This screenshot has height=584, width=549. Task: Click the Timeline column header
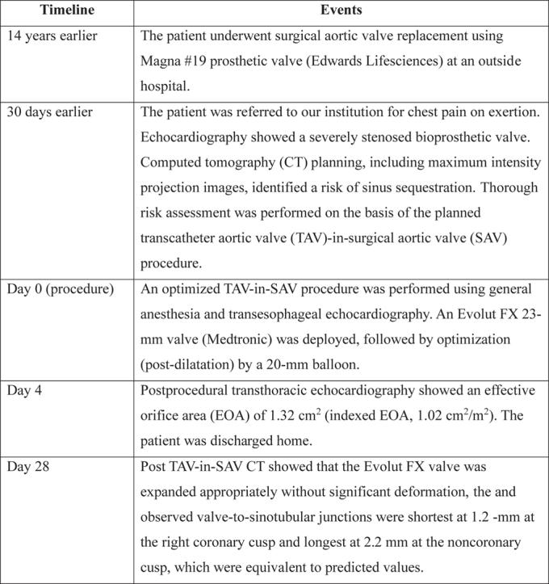coord(68,11)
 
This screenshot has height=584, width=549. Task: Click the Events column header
coord(341,11)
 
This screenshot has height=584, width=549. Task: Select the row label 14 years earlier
coord(48,36)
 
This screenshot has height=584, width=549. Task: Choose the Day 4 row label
coord(25,391)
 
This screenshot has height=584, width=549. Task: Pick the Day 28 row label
coord(29,467)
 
